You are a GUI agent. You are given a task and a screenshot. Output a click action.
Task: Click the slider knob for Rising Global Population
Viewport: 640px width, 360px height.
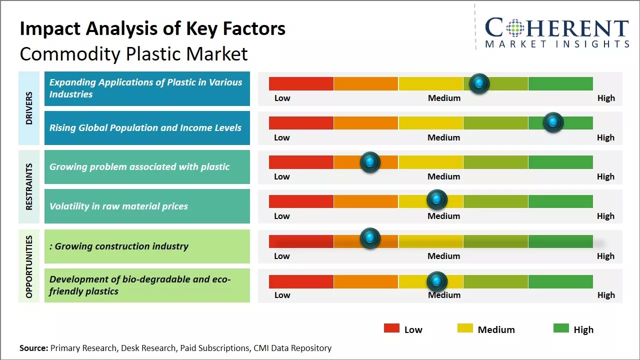coord(553,122)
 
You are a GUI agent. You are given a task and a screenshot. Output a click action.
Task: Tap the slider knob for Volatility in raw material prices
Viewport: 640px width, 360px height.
coord(437,200)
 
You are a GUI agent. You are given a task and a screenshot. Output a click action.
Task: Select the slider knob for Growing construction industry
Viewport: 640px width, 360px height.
coord(370,238)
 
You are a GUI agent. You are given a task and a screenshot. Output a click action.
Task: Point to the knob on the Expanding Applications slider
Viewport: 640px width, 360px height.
coord(479,83)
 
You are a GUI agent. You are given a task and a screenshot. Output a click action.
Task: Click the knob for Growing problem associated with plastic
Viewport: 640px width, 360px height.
coord(370,161)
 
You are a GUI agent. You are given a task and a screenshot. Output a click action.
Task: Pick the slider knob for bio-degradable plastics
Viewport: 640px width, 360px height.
coord(437,281)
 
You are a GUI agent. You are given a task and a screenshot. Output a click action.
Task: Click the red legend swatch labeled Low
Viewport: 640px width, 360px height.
coord(391,328)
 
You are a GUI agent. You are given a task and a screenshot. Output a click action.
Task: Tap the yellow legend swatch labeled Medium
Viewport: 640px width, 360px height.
coord(465,328)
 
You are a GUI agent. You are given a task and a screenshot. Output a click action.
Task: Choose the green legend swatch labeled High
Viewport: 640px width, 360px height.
coord(561,328)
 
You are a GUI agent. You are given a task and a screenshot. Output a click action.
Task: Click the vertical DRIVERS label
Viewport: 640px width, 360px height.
coord(29,108)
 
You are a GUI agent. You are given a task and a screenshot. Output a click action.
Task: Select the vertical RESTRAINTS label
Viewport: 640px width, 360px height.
coord(29,186)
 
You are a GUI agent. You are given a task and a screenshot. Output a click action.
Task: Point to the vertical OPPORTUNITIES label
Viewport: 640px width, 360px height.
coord(29,266)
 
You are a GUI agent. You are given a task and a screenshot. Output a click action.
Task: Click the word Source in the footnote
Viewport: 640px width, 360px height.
coord(33,348)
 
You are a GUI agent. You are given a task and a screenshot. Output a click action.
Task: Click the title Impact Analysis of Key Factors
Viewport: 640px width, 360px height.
coord(152,29)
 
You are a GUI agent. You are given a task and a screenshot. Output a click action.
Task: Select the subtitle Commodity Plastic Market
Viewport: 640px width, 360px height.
coord(133,53)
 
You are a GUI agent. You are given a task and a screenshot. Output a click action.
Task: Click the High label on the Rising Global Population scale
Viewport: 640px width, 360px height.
coord(605,137)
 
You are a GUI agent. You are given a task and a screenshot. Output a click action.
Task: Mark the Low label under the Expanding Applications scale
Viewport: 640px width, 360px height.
coord(282,98)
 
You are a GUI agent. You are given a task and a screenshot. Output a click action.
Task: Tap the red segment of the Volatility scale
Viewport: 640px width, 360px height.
coord(301,201)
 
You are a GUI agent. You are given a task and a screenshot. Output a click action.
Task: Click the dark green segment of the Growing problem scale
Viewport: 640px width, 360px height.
coord(560,162)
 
